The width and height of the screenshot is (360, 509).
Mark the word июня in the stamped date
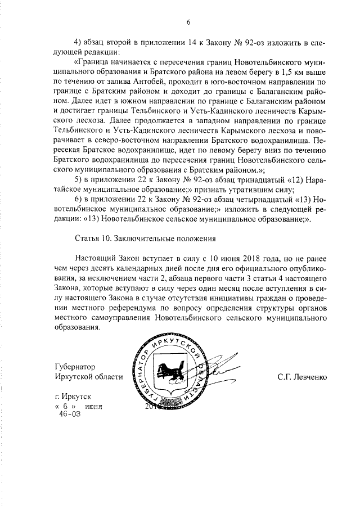(x=95, y=406)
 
